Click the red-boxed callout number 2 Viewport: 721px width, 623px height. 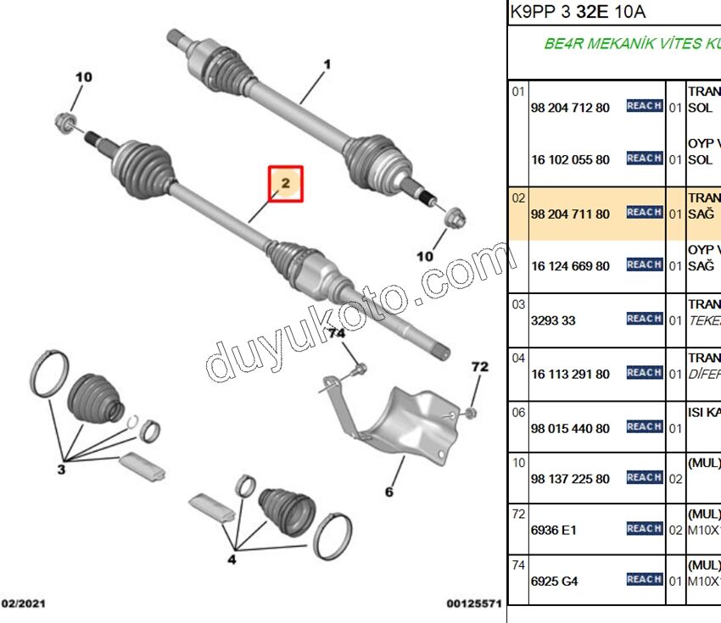286,183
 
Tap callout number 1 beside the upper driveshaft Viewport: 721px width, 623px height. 327,64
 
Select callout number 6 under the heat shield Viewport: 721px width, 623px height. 389,492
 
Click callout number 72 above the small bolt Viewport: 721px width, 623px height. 480,367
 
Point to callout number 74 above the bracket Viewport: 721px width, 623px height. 338,334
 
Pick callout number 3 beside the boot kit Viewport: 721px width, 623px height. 60,469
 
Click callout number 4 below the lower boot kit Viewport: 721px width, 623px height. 232,559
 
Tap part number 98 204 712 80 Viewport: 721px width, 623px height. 570,108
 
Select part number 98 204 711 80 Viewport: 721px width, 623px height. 570,214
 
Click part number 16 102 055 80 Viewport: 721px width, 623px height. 570,159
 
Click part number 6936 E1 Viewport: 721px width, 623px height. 554,531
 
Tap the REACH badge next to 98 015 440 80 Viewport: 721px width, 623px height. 645,427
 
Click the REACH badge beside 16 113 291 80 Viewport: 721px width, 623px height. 645,373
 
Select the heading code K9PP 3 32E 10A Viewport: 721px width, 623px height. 578,12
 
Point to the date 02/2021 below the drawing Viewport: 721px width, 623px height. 23,604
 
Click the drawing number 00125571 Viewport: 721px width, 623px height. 474,604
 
